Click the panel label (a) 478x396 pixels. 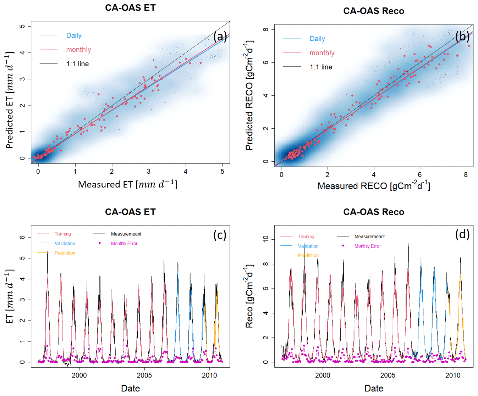[x=220, y=37]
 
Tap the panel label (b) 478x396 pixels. [x=462, y=36]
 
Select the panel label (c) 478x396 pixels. [x=220, y=235]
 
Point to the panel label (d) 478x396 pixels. [x=462, y=234]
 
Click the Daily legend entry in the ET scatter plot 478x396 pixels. [x=74, y=35]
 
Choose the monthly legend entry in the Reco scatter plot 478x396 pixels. [x=322, y=53]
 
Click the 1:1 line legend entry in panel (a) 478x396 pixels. [x=77, y=64]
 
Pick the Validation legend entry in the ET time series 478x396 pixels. [x=65, y=244]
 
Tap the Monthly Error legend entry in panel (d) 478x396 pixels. [x=367, y=246]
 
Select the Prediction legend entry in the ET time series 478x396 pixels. [x=65, y=253]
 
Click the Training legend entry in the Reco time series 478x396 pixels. [x=306, y=236]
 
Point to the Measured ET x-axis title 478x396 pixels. [x=127, y=184]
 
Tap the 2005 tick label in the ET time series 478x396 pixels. [x=144, y=375]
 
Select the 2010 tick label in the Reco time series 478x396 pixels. [x=453, y=375]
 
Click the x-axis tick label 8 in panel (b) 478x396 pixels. [x=466, y=174]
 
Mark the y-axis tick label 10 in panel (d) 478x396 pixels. [x=266, y=239]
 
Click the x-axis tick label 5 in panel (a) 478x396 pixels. [x=222, y=172]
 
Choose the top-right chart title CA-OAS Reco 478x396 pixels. [x=374, y=11]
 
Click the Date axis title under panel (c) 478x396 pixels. [x=130, y=388]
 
